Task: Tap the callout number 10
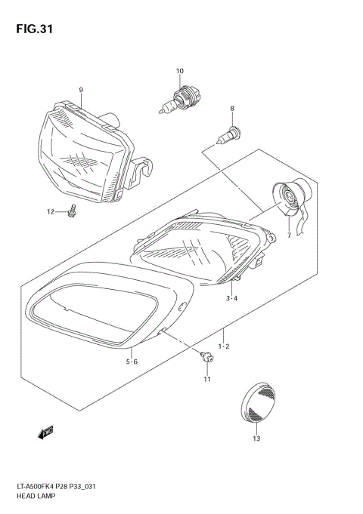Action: click(180, 72)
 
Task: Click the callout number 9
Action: click(80, 90)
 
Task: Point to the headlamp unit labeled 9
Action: click(87, 151)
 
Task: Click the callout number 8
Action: click(233, 109)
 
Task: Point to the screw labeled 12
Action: click(72, 212)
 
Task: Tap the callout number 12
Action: click(51, 212)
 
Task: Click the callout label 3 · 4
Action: click(231, 300)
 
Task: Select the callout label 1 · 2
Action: click(224, 345)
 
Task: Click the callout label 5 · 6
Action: click(132, 362)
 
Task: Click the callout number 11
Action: click(206, 379)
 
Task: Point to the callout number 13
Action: click(256, 439)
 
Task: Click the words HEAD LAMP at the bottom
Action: click(35, 499)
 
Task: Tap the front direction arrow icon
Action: click(45, 431)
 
